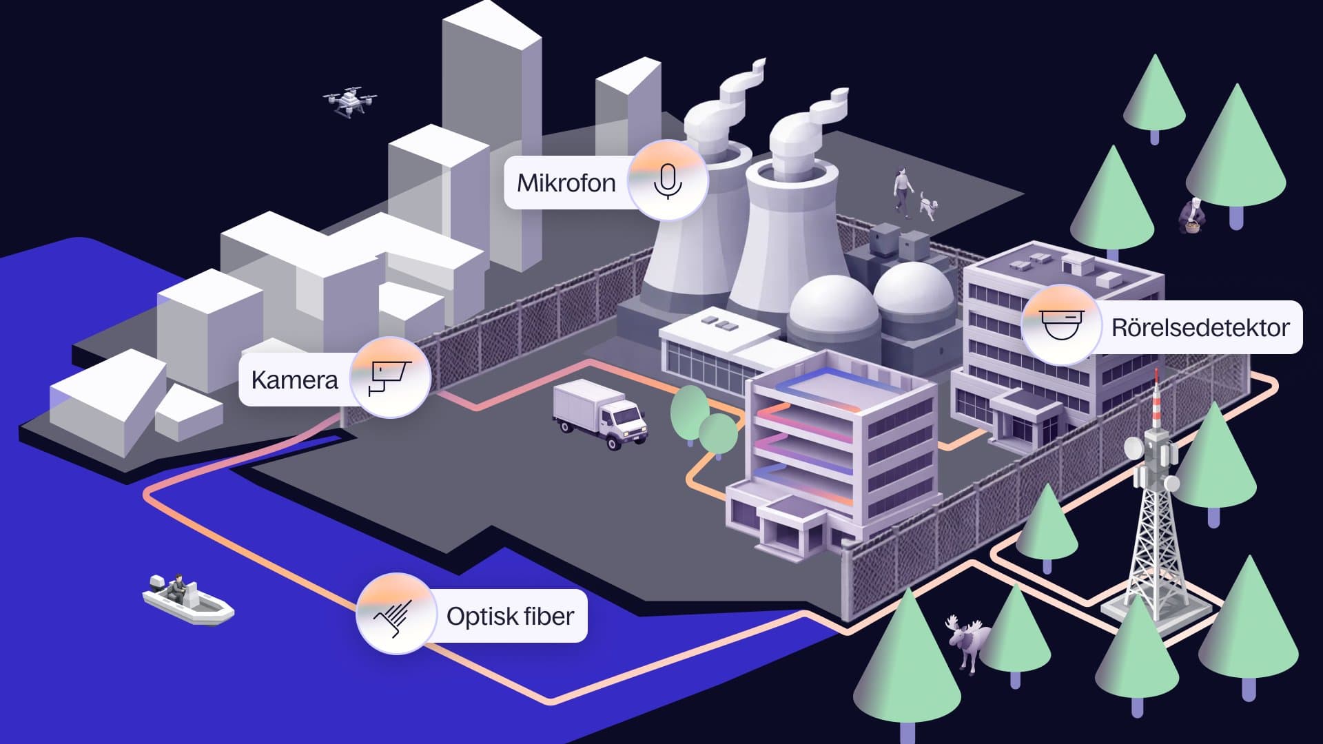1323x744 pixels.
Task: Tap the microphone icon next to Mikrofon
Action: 667,180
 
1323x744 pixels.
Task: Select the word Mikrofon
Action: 566,183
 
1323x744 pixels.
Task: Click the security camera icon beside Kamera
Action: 390,377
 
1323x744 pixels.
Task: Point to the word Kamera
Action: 294,380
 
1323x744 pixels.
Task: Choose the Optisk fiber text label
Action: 510,617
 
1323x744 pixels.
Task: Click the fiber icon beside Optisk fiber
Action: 395,614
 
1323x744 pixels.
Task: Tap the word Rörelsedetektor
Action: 1200,328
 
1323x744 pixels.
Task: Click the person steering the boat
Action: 178,586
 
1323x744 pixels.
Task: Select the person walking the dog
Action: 902,189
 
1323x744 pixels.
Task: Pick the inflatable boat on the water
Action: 187,602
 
